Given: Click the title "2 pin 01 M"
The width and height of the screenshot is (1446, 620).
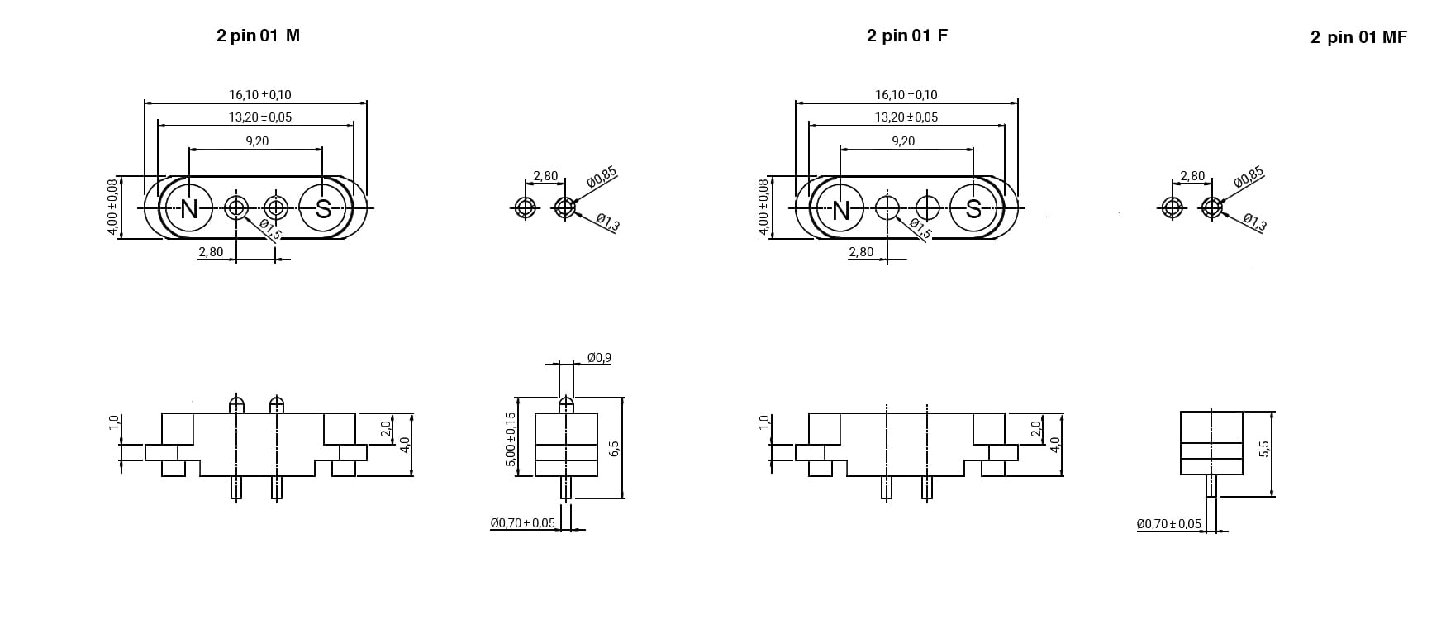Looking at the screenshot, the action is click(x=258, y=36).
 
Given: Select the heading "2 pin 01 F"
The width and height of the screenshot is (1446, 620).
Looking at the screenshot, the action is click(x=907, y=36).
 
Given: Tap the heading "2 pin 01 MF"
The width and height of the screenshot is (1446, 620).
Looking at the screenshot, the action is click(x=1358, y=37).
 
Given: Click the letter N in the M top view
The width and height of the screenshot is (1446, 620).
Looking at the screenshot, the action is click(x=189, y=209).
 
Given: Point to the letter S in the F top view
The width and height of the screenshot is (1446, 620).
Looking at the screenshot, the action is click(x=973, y=209).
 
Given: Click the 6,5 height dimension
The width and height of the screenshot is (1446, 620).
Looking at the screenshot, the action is click(x=613, y=448).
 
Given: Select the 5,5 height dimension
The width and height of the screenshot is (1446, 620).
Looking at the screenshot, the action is click(x=1263, y=448).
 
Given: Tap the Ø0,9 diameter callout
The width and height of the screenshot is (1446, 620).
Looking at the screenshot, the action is click(x=599, y=358).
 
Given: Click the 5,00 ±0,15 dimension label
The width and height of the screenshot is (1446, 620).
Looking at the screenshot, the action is click(x=511, y=440).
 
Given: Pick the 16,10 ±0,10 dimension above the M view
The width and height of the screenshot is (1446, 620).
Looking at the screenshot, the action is click(x=260, y=95).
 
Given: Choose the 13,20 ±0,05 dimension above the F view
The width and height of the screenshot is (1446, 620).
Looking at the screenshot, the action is click(x=906, y=117).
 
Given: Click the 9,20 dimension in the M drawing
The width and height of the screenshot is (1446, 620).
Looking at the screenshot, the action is click(x=257, y=141).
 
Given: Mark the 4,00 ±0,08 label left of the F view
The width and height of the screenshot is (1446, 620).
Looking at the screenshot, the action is click(x=763, y=207).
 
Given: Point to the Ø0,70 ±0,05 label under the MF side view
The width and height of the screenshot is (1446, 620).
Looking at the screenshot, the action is click(x=1169, y=524).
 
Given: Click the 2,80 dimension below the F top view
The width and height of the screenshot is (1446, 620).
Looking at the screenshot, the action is click(x=861, y=252).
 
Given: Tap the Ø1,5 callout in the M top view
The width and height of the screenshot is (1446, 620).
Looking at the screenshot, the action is click(x=270, y=229).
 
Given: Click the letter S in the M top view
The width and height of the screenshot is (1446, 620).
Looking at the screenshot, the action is click(x=323, y=209).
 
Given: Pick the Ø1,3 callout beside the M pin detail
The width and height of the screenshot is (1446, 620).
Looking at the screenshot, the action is click(x=607, y=222).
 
